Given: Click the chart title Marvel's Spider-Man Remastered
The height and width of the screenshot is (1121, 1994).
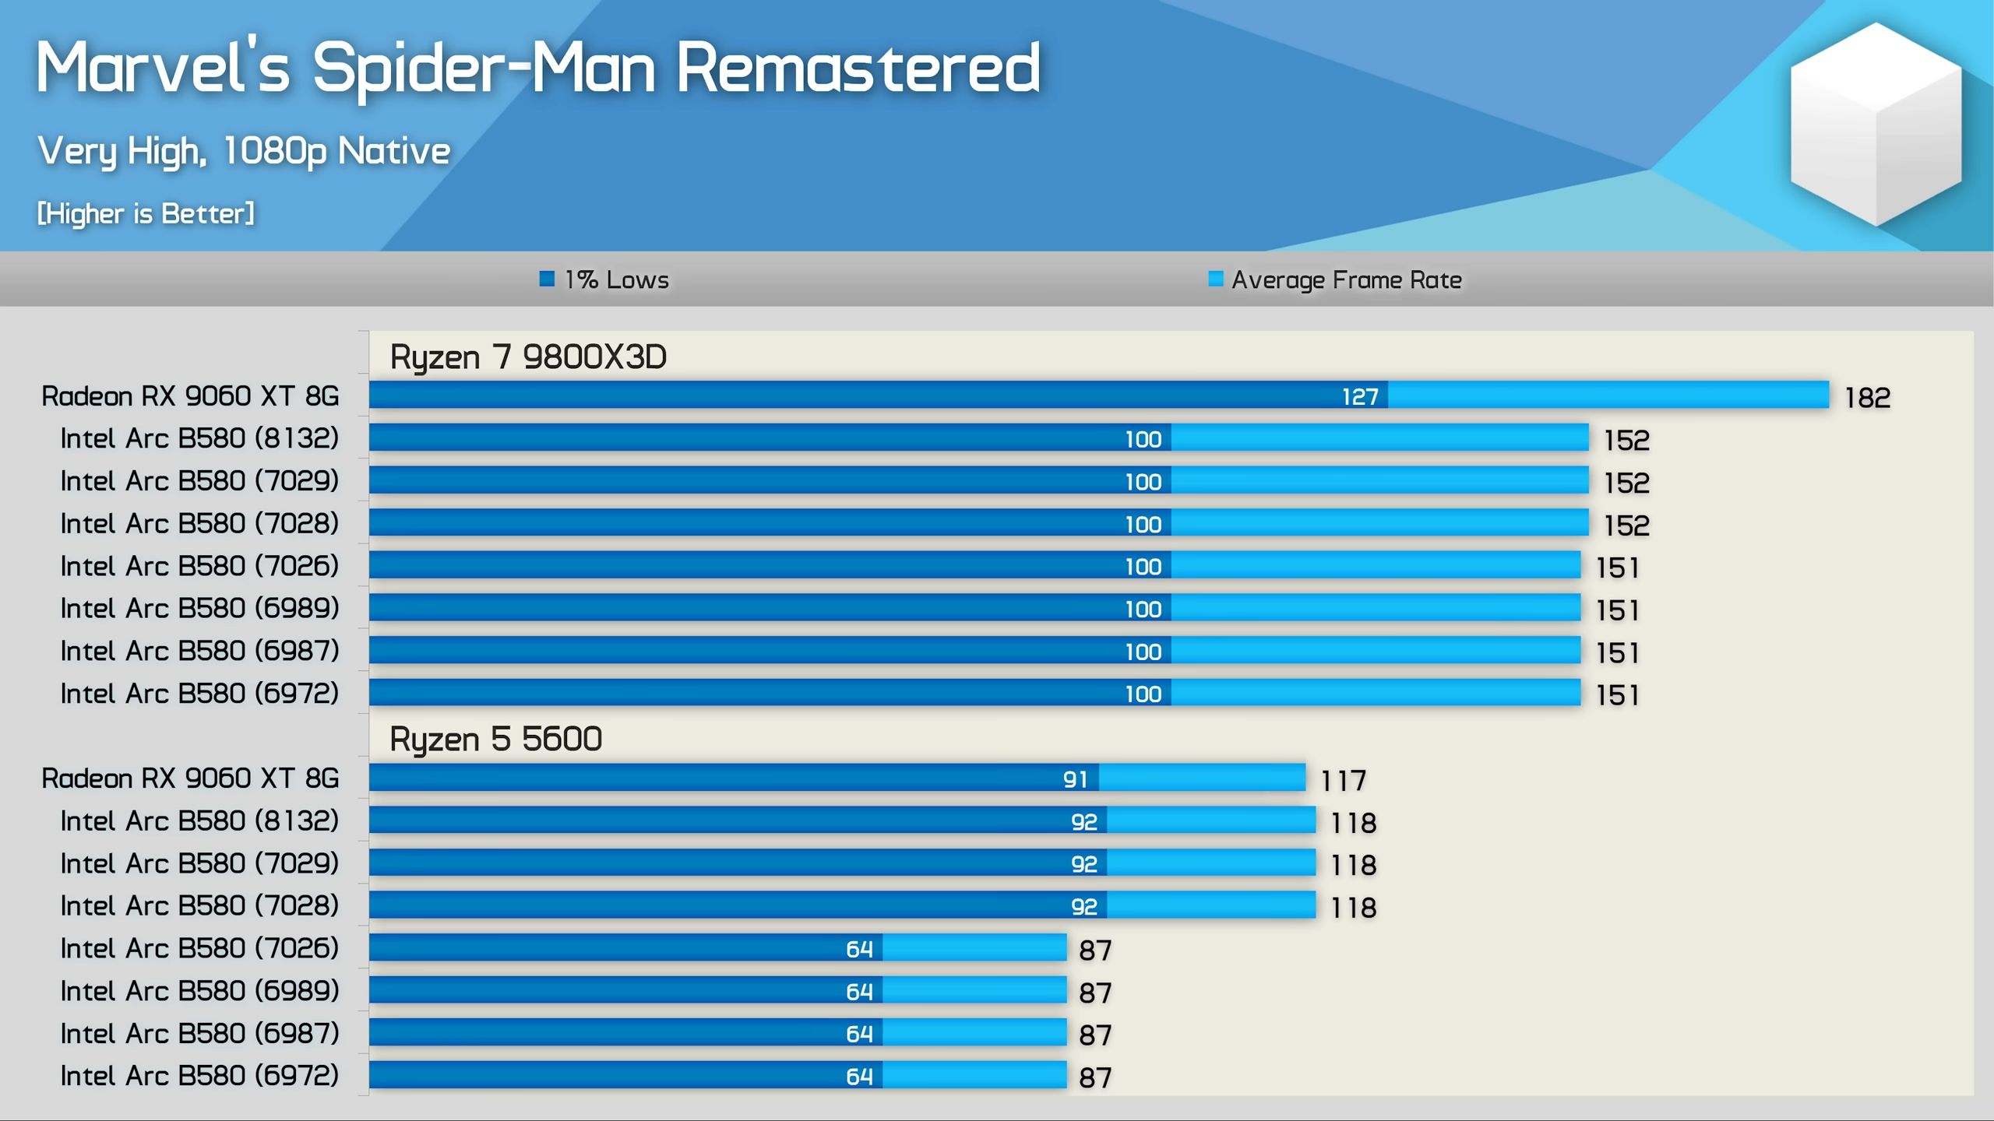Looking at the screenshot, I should coord(537,69).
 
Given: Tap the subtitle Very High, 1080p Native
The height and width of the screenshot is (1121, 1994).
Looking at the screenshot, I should coord(244,151).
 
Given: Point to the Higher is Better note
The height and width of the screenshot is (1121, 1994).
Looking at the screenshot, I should coord(146,213).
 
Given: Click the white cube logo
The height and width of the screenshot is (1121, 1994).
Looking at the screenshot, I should coord(1876,125).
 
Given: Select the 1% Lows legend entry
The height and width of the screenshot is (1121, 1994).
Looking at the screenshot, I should coord(604,279).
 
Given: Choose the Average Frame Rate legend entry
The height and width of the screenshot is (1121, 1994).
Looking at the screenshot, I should coord(1335,279).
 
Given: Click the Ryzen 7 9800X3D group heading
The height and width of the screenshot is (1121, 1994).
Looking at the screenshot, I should coord(528,357).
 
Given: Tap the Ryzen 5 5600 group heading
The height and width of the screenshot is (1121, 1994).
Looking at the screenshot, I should coord(495,739).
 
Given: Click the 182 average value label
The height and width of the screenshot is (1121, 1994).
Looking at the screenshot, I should coord(1867,398).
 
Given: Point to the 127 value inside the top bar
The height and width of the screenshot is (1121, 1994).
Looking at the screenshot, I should coord(1360,397).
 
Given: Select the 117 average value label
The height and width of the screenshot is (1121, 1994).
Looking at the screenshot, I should coord(1343,780).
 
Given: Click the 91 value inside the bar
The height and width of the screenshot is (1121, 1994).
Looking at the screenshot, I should coord(1075,779).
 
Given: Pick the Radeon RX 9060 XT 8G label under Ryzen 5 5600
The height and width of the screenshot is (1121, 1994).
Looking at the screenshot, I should coord(190,778).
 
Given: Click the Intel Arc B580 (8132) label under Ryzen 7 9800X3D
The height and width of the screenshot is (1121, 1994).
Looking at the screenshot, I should coord(199,438).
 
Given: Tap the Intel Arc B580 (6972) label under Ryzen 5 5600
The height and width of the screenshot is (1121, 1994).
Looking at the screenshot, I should coord(199,1076).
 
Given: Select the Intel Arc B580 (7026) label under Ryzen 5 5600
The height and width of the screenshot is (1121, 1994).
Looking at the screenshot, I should coord(199,948).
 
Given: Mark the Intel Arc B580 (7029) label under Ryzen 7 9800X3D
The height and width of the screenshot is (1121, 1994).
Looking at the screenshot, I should coord(199,481).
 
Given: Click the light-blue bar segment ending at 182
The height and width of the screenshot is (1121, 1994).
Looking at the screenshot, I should coord(1608,395).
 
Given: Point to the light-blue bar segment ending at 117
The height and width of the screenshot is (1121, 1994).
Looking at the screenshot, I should coord(1202,777).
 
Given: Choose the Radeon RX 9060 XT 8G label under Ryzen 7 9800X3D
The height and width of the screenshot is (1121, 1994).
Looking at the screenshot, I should coord(190,396).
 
